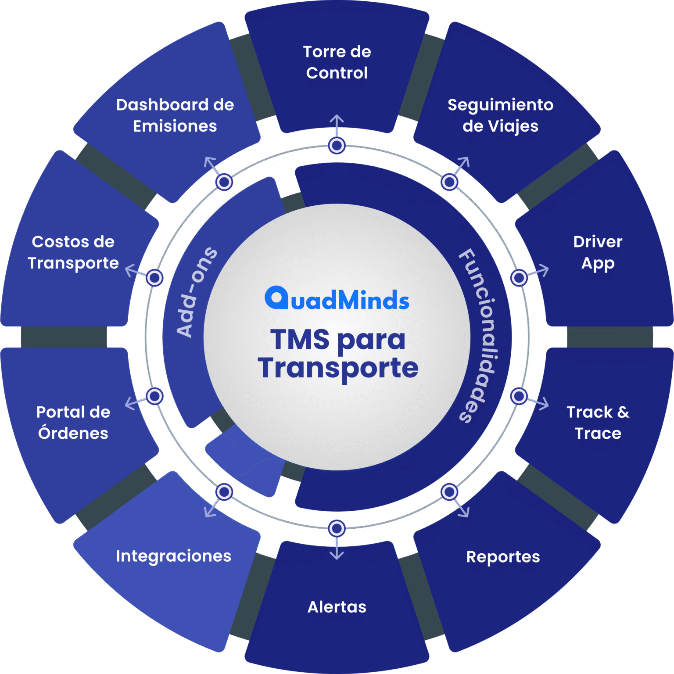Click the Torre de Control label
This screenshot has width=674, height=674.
tap(337, 62)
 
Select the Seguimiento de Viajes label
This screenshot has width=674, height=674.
tap(500, 115)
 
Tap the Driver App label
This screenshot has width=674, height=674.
tap(598, 252)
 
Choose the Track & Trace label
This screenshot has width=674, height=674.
tap(598, 423)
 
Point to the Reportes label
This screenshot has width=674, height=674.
tap(503, 557)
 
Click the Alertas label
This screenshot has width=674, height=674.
tap(337, 607)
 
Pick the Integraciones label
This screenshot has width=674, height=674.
tap(173, 556)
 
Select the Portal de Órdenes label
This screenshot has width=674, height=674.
tap(73, 423)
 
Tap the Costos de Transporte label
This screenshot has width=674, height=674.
tap(73, 252)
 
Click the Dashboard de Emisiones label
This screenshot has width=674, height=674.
tap(175, 115)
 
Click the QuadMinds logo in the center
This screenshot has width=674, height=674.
tap(337, 299)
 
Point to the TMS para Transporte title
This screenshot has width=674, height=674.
tap(338, 354)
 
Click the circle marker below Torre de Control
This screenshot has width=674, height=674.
tap(337, 145)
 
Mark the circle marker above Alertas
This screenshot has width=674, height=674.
tap(337, 528)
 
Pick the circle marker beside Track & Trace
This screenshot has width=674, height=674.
tap(519, 396)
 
